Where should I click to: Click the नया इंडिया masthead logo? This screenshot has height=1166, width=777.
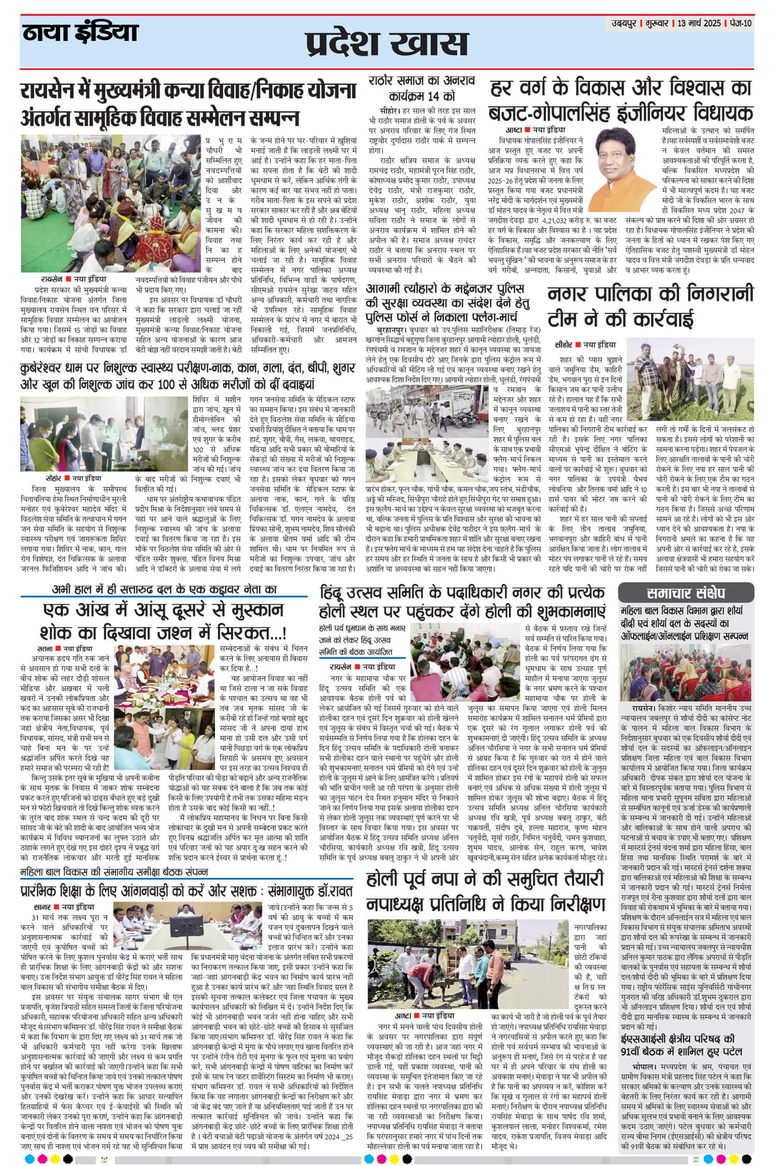pos(80,34)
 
